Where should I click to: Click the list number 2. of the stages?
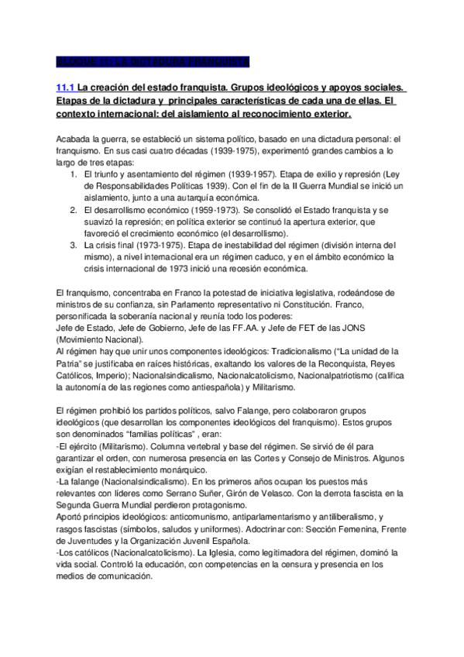74,209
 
